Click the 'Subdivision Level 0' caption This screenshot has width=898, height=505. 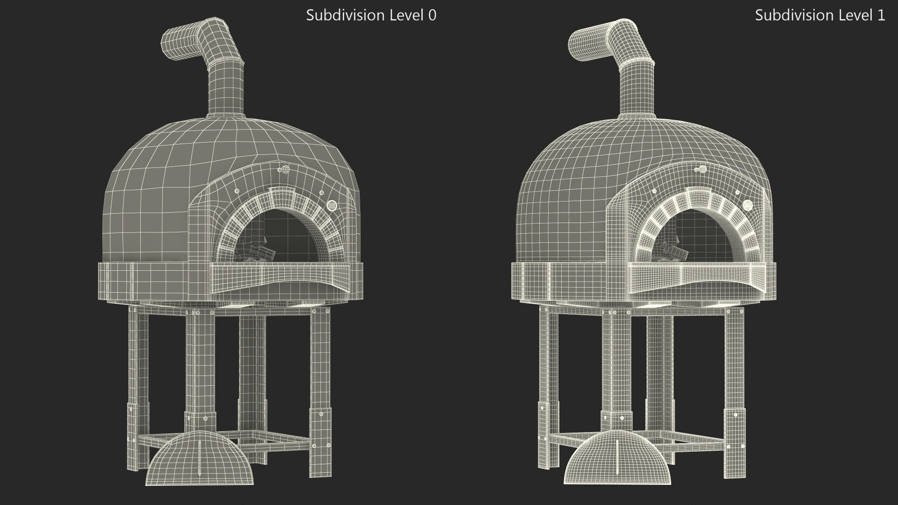point(371,15)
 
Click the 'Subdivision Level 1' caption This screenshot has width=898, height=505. point(819,15)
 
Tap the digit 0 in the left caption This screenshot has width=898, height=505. point(432,15)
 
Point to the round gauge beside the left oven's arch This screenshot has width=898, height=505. point(332,205)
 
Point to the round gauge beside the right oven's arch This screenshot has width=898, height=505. point(747,205)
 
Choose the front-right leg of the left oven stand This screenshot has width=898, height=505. point(320,388)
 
